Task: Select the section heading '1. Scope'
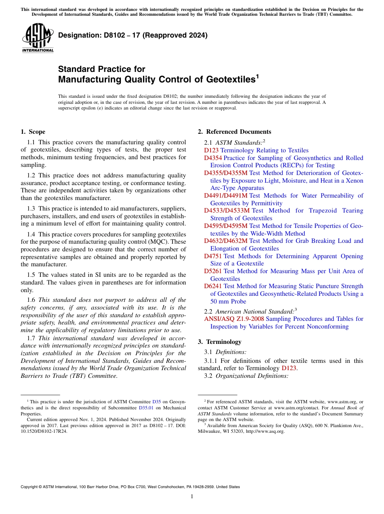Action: coord(33,132)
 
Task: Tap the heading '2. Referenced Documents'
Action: coord(234,132)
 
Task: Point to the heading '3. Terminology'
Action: coord(219,342)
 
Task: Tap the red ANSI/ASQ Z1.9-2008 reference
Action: coord(231,319)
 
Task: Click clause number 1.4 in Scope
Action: coord(31,234)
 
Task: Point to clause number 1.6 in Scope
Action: coord(31,300)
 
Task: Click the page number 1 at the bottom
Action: coord(192,497)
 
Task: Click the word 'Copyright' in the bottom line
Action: coord(29,487)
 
